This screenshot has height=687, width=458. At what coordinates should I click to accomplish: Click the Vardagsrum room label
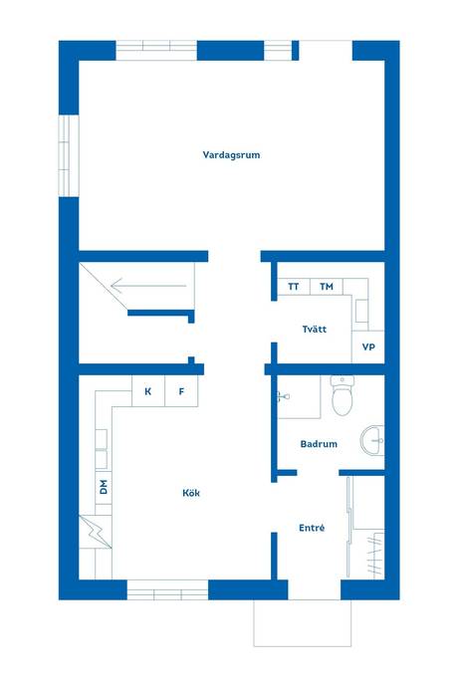[x=231, y=154]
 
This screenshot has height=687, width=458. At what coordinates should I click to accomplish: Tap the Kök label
[x=191, y=493]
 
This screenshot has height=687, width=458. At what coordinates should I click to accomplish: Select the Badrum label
[x=319, y=444]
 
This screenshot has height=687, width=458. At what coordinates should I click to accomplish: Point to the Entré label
[x=312, y=528]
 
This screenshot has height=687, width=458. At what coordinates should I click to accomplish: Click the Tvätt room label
[x=315, y=329]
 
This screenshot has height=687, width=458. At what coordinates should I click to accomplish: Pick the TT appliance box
[x=294, y=287]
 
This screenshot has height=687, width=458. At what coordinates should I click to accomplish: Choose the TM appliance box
[x=327, y=287]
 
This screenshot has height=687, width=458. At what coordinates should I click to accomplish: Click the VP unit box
[x=368, y=346]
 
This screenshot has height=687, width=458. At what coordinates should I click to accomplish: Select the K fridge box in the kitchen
[x=148, y=391]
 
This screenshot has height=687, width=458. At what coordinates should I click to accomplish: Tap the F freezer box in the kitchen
[x=181, y=391]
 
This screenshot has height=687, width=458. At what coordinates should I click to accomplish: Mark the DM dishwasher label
[x=104, y=487]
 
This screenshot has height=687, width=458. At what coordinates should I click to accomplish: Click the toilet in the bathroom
[x=343, y=394]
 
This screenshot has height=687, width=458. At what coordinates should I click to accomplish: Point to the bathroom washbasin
[x=372, y=440]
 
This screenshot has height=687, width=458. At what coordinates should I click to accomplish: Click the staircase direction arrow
[x=148, y=286]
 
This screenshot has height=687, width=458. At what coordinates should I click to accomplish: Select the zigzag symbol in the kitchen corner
[x=96, y=532]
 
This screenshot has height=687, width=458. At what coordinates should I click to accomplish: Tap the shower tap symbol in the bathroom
[x=283, y=397]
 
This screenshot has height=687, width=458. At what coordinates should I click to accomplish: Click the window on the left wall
[x=69, y=155]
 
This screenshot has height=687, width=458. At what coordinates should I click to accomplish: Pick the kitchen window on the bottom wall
[x=167, y=589]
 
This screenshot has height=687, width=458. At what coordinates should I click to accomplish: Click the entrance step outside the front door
[x=303, y=623]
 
